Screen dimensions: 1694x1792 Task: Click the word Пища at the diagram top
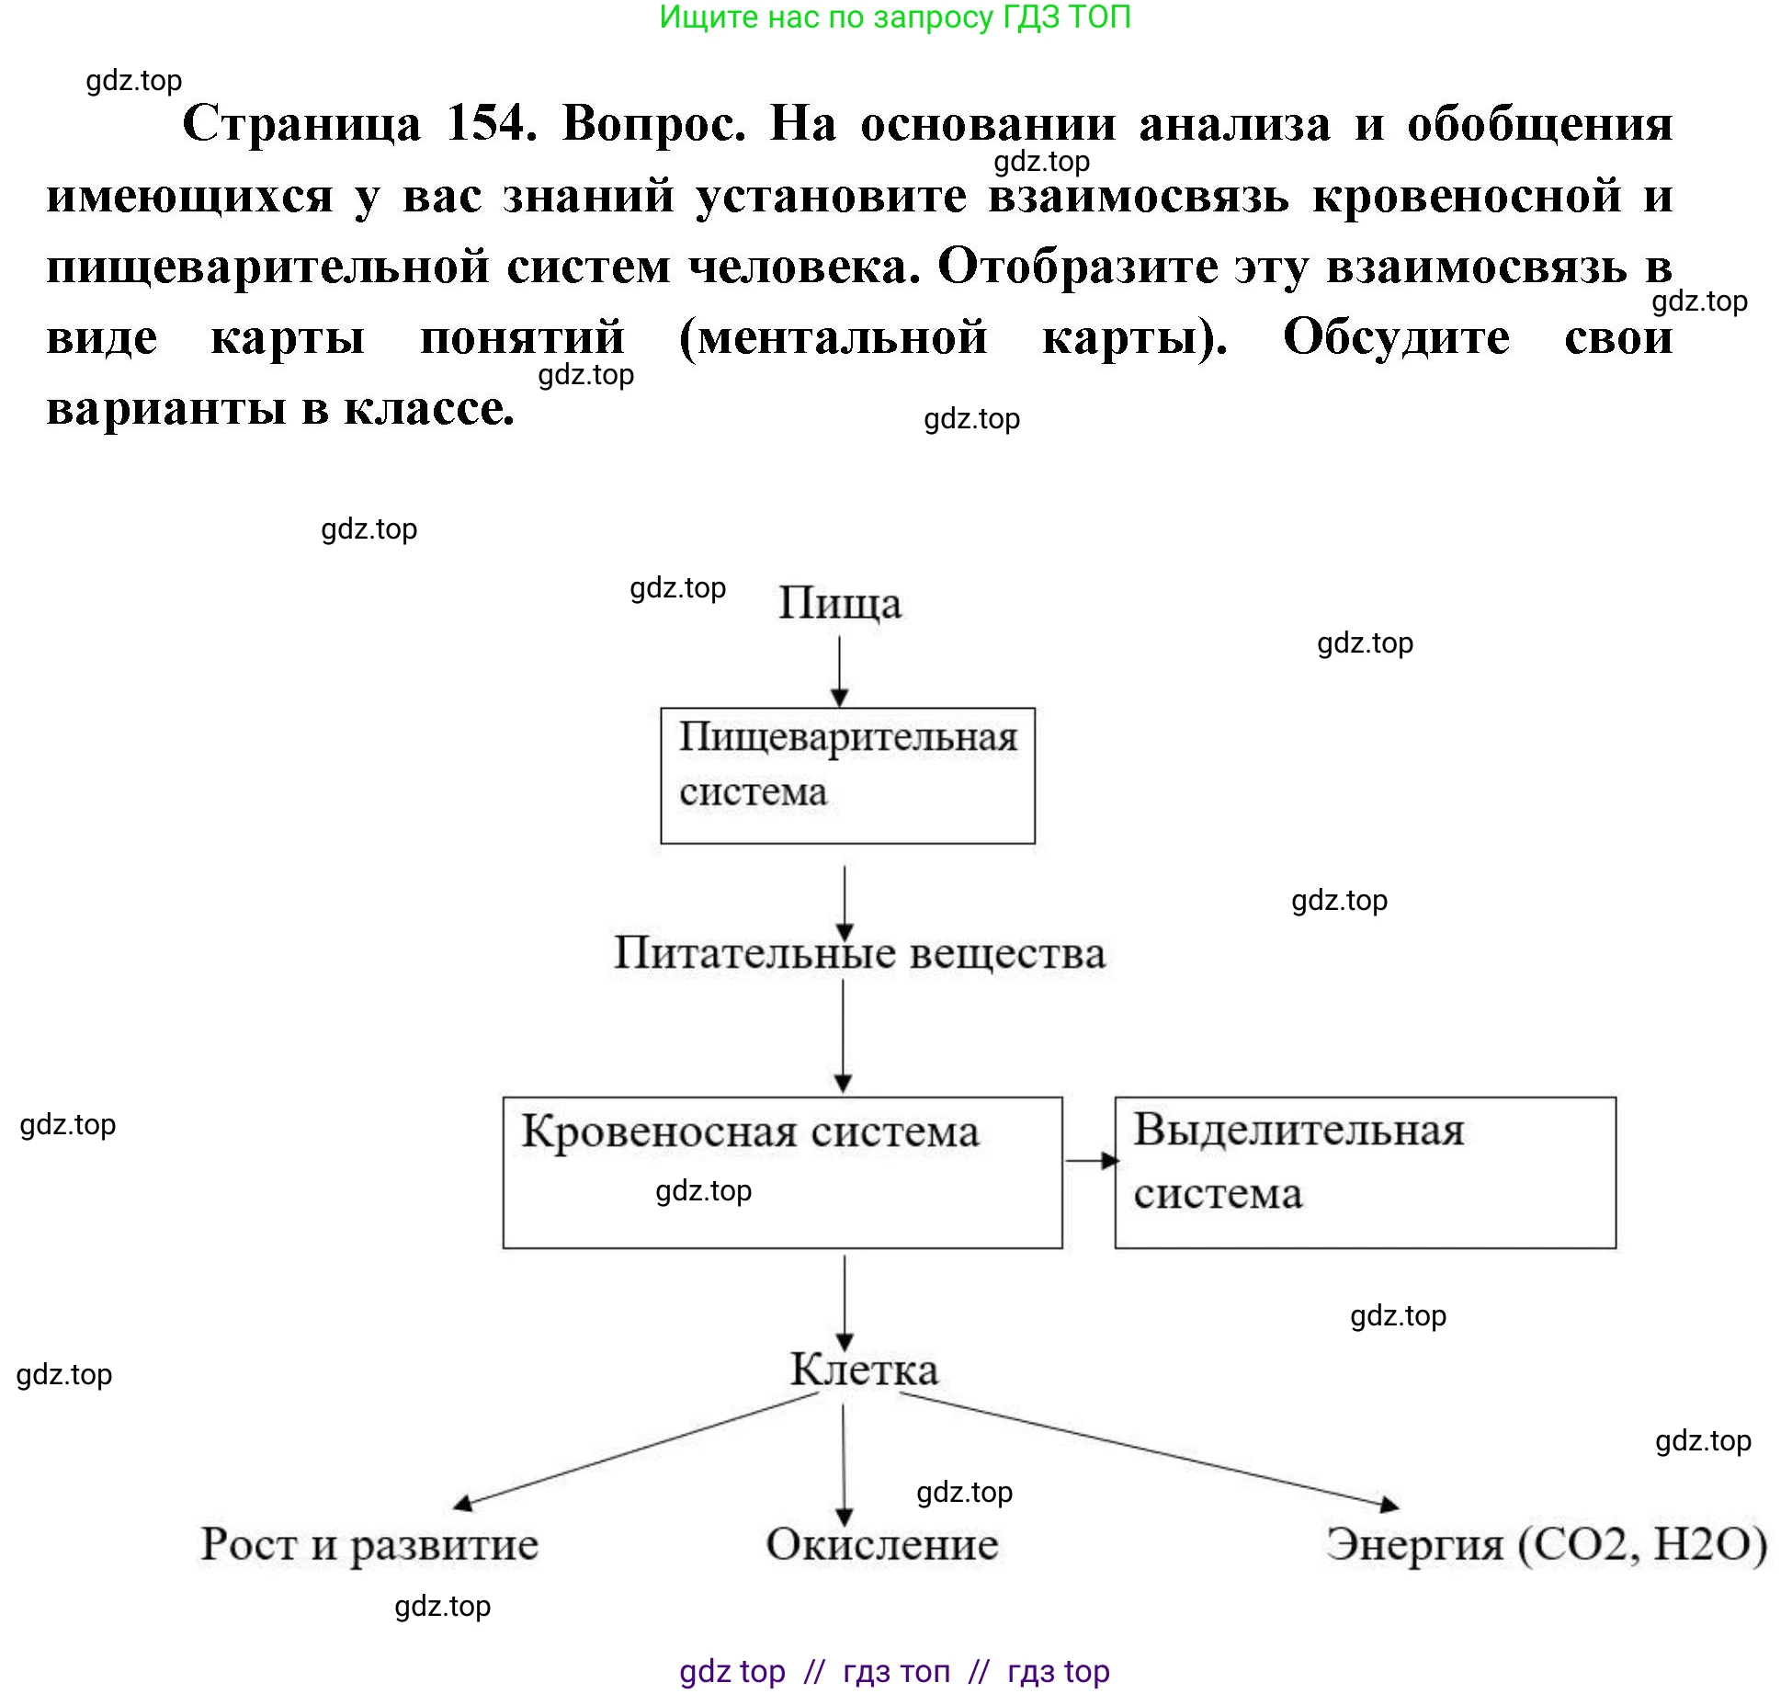[840, 604]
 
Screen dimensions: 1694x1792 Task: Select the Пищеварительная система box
[847, 776]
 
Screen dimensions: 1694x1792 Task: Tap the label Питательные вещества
[859, 953]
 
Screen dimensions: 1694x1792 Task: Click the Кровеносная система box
[782, 1172]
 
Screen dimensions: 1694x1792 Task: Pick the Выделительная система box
[1365, 1172]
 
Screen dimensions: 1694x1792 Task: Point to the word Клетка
[864, 1370]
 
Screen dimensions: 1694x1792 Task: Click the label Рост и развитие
[369, 1544]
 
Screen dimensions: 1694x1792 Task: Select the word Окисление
[882, 1544]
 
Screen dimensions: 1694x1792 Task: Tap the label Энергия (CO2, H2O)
[1546, 1544]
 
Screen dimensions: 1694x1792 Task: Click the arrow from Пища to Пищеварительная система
[840, 671]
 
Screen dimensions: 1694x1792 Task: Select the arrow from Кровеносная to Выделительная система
[1091, 1161]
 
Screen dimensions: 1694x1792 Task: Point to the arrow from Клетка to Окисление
[844, 1461]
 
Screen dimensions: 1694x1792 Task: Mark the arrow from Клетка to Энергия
[1149, 1450]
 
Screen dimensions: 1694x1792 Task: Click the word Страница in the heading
[301, 122]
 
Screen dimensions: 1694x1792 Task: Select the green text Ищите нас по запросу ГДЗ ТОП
[895, 17]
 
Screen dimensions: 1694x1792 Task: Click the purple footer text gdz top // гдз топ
[895, 1670]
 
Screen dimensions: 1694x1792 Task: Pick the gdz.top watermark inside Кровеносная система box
[703, 1191]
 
